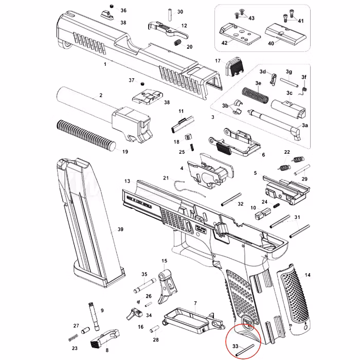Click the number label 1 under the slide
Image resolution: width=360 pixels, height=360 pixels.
105,64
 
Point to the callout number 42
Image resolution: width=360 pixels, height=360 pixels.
224,43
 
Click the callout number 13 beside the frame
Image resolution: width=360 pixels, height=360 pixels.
127,182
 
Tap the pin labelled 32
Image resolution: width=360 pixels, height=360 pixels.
231,199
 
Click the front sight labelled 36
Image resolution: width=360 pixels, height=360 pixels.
110,11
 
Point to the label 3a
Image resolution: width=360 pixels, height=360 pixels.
305,125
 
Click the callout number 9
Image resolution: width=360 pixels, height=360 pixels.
102,310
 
